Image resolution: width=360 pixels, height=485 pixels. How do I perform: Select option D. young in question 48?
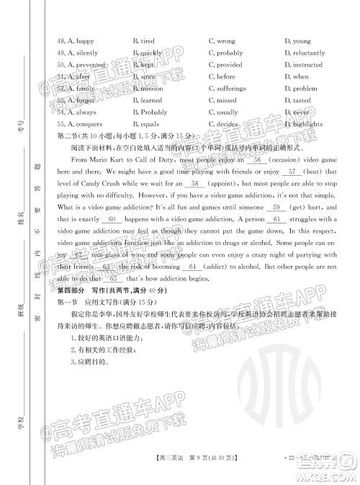click(x=297, y=41)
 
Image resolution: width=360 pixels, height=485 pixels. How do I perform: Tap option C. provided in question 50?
click(x=228, y=65)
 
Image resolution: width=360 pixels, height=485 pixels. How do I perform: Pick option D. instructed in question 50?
click(x=303, y=65)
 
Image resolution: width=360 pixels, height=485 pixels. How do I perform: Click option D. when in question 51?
click(x=296, y=76)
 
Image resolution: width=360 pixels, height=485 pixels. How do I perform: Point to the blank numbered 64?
click(x=192, y=267)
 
